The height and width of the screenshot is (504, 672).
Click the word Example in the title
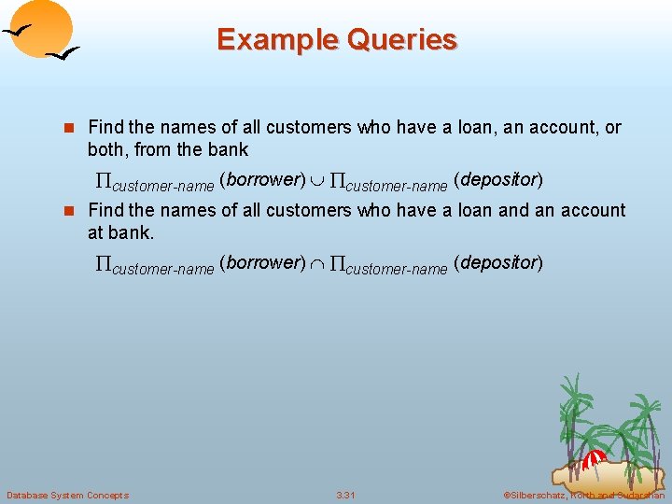(x=273, y=40)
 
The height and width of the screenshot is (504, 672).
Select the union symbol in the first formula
(x=319, y=180)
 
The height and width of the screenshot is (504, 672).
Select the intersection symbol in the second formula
(x=319, y=264)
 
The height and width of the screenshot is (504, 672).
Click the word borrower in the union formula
(x=261, y=179)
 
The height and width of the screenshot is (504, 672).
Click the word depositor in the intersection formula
(x=497, y=263)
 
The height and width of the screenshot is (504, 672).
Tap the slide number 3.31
(x=345, y=495)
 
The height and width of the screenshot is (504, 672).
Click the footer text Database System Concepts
(x=67, y=495)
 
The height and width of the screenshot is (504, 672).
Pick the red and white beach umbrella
(x=594, y=459)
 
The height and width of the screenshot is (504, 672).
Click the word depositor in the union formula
(x=497, y=179)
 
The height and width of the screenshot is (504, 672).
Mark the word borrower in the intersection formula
(x=261, y=263)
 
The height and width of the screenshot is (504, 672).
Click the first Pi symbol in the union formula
(x=103, y=180)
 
